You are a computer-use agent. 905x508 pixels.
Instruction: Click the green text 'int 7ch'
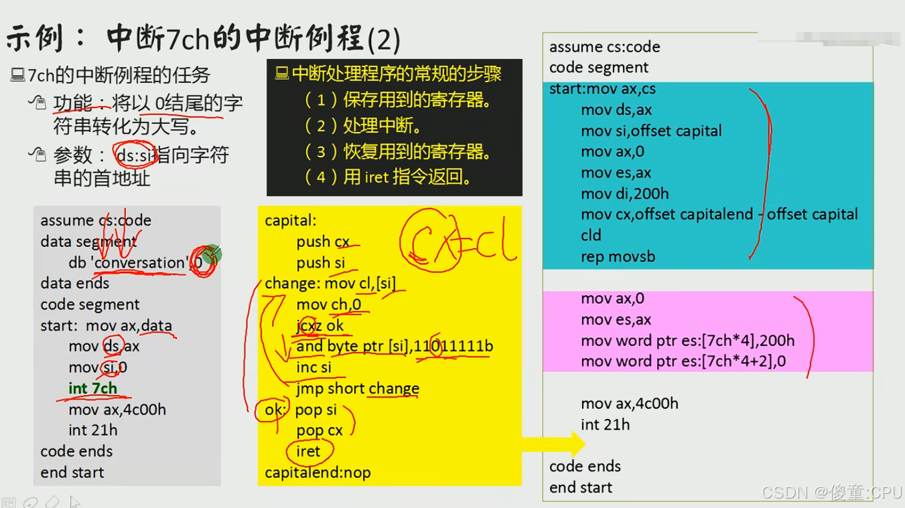92,388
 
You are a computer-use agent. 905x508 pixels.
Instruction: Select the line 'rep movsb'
618,256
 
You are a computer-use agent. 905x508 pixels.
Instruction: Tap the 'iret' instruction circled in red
308,451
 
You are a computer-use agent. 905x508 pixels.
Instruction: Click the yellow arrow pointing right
553,444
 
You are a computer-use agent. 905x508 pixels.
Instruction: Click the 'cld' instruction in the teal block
591,236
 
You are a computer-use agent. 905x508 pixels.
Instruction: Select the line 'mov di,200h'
624,193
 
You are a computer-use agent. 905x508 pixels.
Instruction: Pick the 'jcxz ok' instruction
320,326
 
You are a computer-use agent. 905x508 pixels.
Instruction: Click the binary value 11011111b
453,347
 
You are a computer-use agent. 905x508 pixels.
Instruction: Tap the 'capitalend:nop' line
318,473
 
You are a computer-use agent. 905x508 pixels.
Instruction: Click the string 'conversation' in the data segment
139,262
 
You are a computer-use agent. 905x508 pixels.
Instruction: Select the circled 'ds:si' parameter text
135,155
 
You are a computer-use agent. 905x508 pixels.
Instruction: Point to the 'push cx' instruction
323,242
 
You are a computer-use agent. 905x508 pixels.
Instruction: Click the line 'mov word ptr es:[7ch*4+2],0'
683,361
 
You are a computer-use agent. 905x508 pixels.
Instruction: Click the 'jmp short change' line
358,389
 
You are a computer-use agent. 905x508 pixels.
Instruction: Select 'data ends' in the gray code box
74,283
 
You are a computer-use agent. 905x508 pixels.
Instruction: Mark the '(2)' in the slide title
384,41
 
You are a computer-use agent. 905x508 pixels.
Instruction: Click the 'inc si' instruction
314,367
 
